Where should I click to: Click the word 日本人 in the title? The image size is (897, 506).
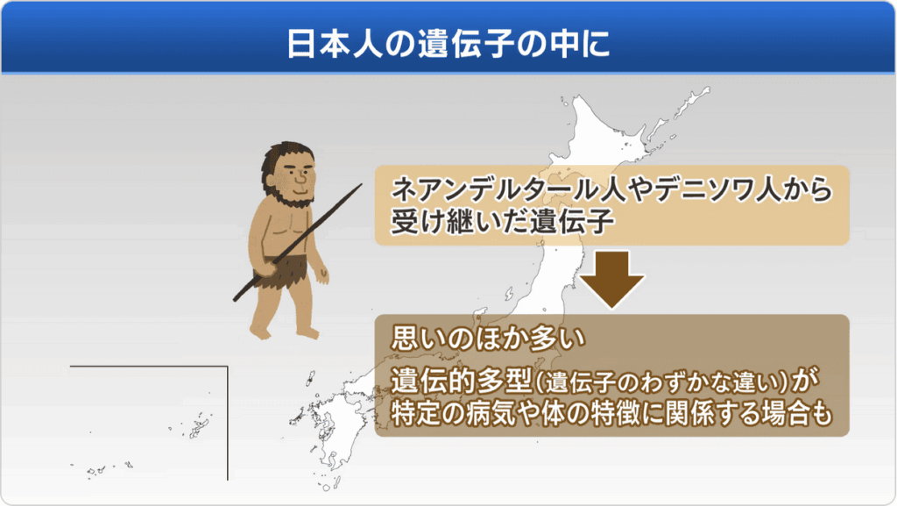tap(334, 44)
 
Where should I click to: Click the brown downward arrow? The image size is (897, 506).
tap(612, 280)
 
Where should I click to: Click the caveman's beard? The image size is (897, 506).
tap(290, 195)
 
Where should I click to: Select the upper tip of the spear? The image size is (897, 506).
tap(362, 184)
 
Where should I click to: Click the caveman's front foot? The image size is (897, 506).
tap(259, 331)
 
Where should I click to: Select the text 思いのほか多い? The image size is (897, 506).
tap(488, 338)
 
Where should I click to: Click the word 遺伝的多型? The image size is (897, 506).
tap(461, 381)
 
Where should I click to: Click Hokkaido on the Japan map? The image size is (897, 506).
tap(606, 138)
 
